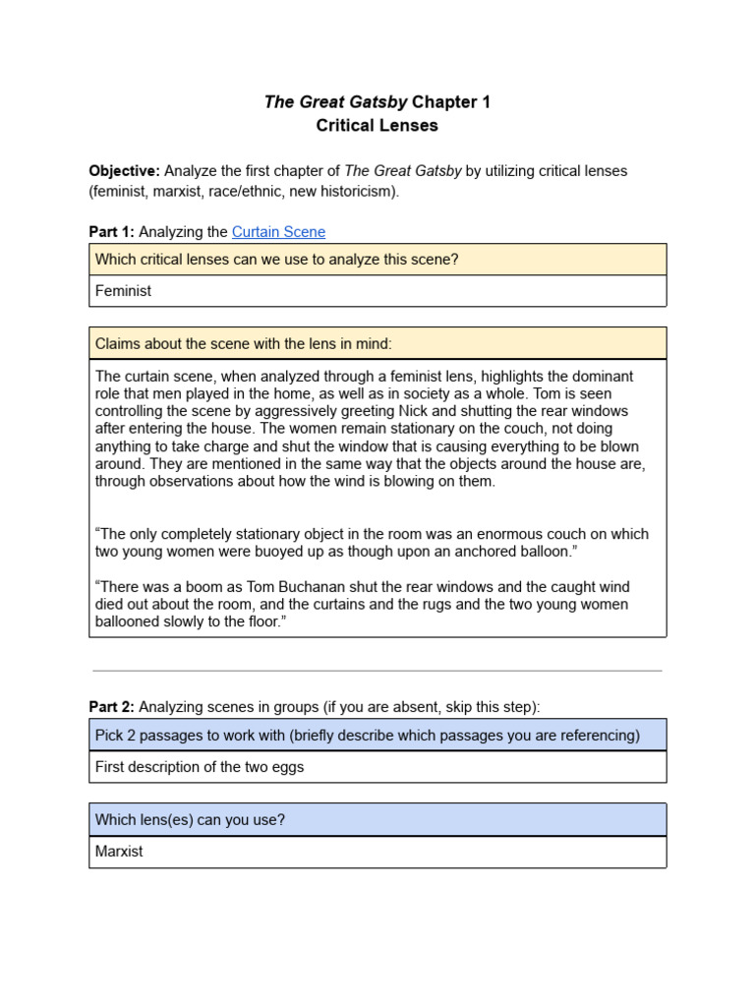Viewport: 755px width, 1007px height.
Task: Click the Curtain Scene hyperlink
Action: tap(278, 232)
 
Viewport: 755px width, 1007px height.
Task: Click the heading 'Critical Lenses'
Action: tap(377, 126)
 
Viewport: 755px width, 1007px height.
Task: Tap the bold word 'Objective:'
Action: tap(124, 171)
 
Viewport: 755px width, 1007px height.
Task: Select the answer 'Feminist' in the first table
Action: tap(123, 291)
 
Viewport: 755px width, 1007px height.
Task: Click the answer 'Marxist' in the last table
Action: tap(119, 852)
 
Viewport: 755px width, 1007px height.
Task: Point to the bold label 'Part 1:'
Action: tap(111, 232)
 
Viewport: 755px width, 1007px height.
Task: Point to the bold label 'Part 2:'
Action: tap(111, 707)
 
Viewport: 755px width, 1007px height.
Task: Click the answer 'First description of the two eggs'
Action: tap(200, 767)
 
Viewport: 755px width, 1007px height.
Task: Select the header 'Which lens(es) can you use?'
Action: tap(190, 819)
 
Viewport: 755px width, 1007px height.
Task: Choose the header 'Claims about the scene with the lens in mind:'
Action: tap(243, 343)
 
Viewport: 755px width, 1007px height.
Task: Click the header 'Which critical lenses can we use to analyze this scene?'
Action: tap(276, 260)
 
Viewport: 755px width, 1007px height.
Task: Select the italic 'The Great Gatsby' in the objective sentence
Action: tap(402, 171)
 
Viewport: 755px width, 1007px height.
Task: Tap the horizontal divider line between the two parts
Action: tap(377, 671)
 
